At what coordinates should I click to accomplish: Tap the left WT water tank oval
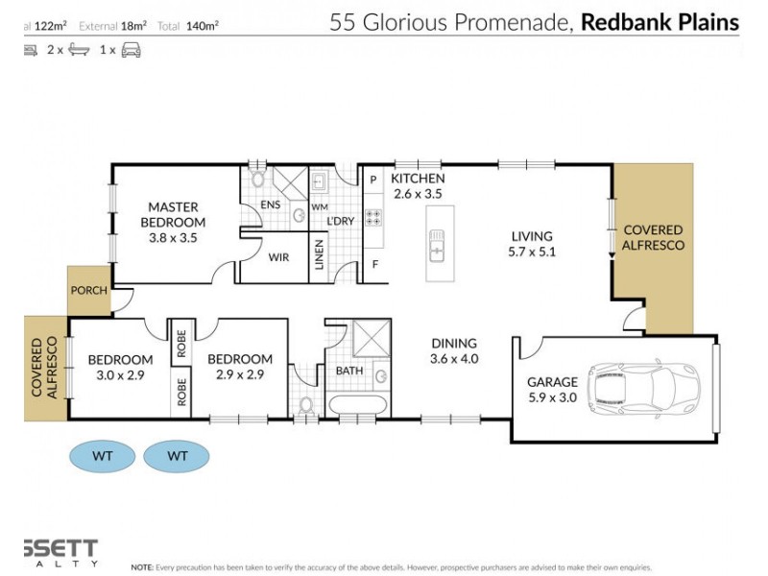[x=102, y=456]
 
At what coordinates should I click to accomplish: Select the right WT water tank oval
[x=178, y=456]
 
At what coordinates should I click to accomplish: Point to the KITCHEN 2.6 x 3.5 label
[x=417, y=186]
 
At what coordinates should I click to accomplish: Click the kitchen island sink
[x=437, y=247]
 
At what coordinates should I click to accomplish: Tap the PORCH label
[x=88, y=290]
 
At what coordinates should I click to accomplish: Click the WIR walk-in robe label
[x=278, y=257]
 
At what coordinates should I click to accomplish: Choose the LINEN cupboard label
[x=320, y=257]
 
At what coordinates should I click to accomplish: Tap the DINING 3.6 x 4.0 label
[x=454, y=350]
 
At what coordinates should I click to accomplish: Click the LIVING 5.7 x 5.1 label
[x=532, y=244]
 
